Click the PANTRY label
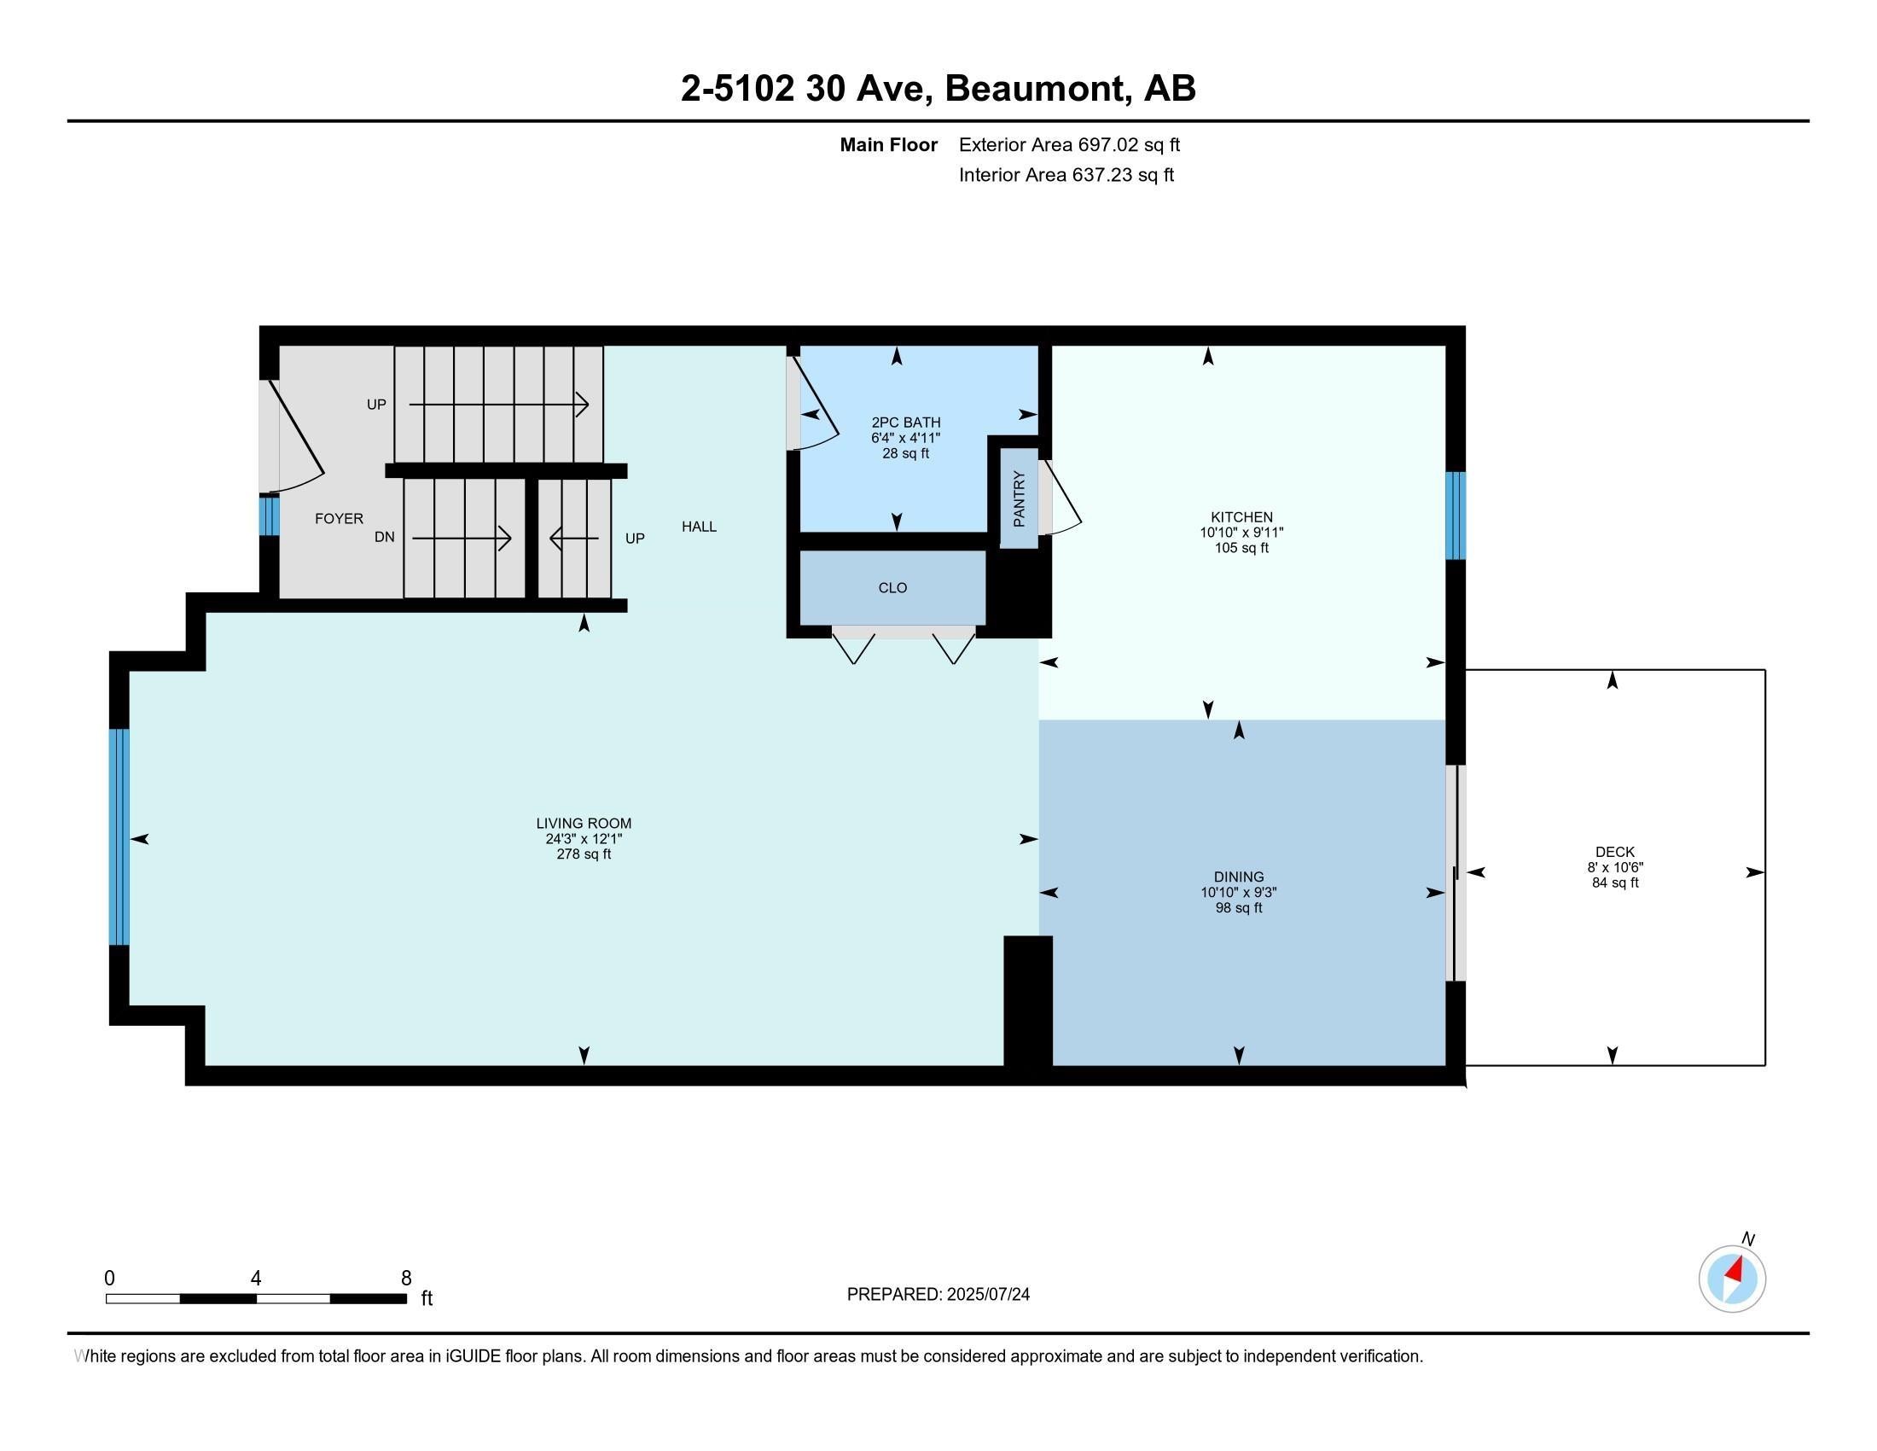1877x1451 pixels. coord(1020,498)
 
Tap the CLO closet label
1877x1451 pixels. coord(893,588)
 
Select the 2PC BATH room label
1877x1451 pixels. coord(906,422)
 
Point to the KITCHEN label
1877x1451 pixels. coord(1242,516)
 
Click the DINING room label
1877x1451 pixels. coord(1240,877)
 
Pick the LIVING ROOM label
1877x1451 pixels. coord(584,824)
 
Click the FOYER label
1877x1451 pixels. coord(339,518)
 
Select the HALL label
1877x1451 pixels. coord(699,527)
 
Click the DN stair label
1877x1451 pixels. coord(384,537)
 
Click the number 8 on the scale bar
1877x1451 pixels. coord(406,1279)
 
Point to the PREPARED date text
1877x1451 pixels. coord(938,1295)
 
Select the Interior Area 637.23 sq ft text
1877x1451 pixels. coord(1066,175)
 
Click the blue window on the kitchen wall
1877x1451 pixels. coord(1456,515)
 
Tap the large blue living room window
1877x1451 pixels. coord(119,837)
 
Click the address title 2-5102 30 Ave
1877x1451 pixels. coord(807,89)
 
